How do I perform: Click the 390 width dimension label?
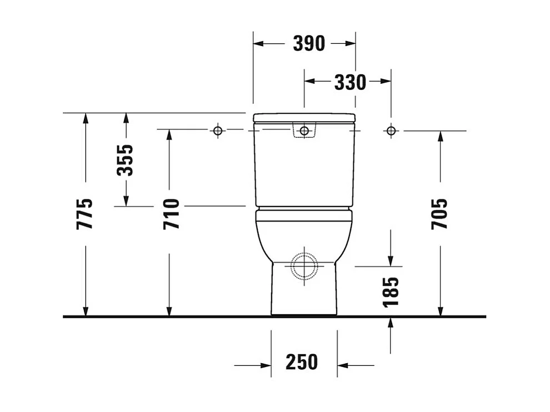(309, 43)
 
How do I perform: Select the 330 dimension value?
(350, 82)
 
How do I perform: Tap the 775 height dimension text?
(85, 214)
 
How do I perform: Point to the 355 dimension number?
(126, 160)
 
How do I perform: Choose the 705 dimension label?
(439, 214)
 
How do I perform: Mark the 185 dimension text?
(391, 291)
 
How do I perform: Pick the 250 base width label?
(302, 362)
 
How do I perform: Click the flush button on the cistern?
(304, 130)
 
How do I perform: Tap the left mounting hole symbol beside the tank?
(218, 130)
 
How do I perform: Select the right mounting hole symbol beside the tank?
(391, 130)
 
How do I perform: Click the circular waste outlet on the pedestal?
(304, 265)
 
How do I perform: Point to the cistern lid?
(304, 118)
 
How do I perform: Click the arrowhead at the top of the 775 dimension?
(85, 118)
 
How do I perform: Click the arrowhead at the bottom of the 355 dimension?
(126, 201)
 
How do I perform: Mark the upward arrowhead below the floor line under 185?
(391, 323)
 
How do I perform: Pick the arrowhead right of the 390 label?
(350, 43)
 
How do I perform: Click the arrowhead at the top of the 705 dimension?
(440, 136)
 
